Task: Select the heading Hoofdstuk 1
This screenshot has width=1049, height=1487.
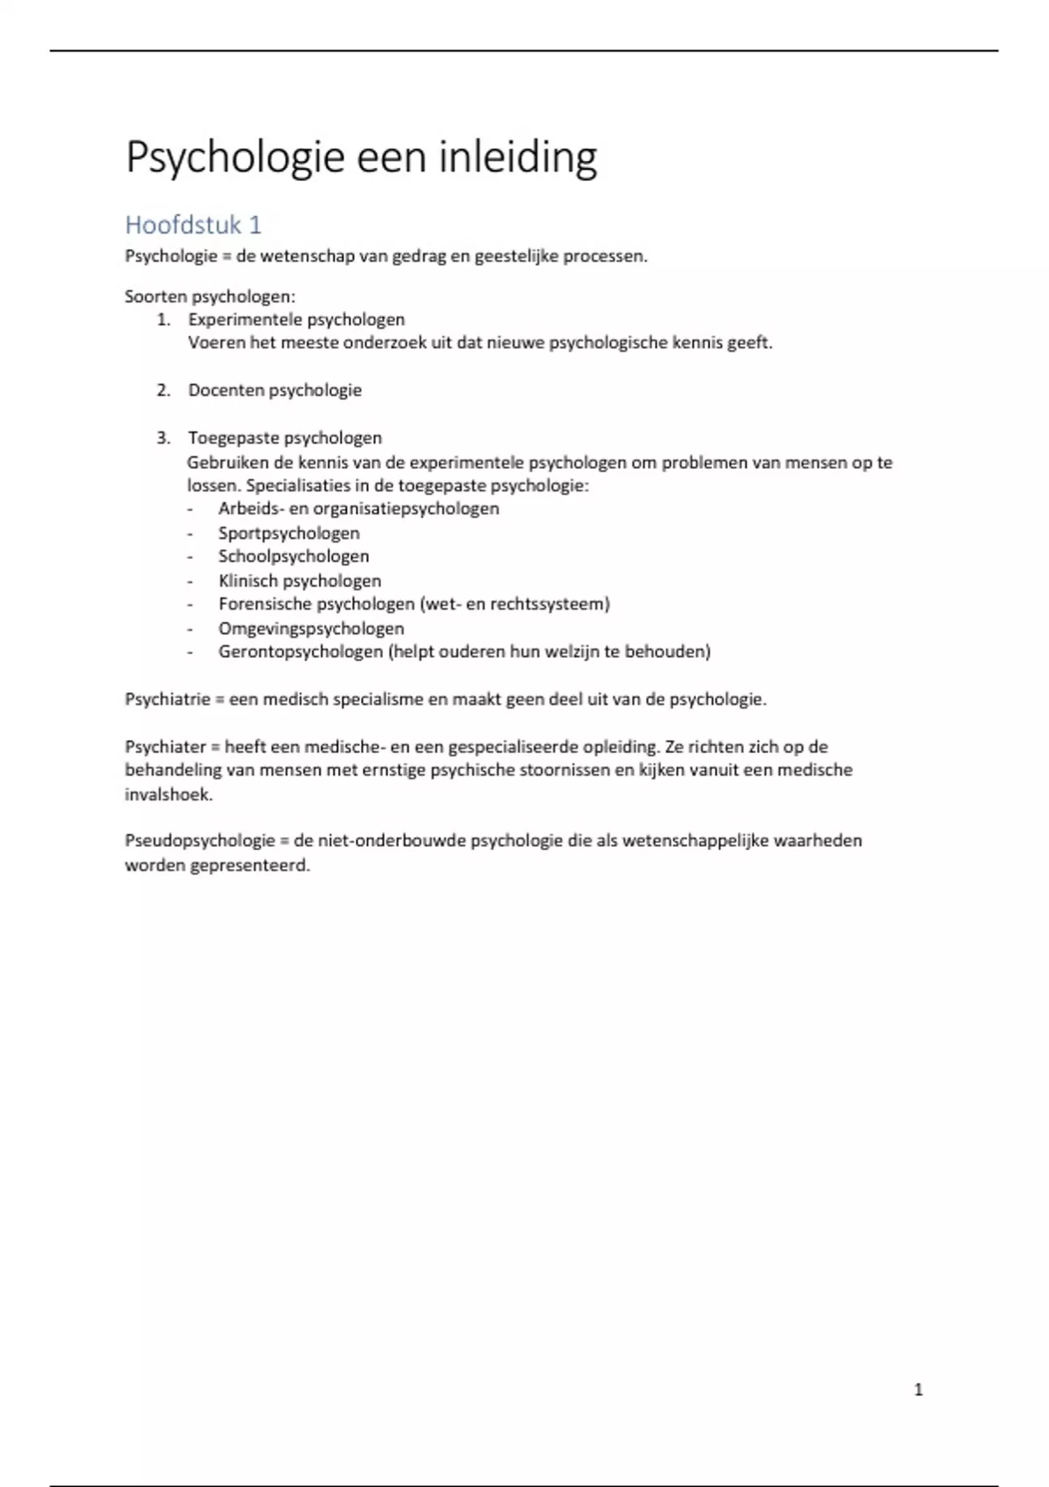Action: coord(193,225)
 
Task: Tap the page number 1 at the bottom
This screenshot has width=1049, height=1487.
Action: coord(918,1390)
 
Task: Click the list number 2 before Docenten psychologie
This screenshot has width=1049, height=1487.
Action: coord(163,390)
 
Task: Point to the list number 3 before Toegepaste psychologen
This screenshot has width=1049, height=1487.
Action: coord(163,437)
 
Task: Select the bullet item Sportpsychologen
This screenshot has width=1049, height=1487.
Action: coord(288,533)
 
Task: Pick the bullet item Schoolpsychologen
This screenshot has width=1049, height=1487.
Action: coord(294,556)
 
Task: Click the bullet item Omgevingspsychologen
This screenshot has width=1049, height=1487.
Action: coord(311,628)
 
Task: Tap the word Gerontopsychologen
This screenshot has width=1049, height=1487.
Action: coord(301,652)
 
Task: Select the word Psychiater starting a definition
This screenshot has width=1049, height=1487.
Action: coord(165,747)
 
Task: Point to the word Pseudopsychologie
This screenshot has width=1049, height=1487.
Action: coord(200,841)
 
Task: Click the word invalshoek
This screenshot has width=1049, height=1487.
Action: coord(168,794)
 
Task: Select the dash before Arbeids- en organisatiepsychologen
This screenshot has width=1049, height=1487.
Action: coord(190,509)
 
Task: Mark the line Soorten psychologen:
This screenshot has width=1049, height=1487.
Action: coord(210,297)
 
